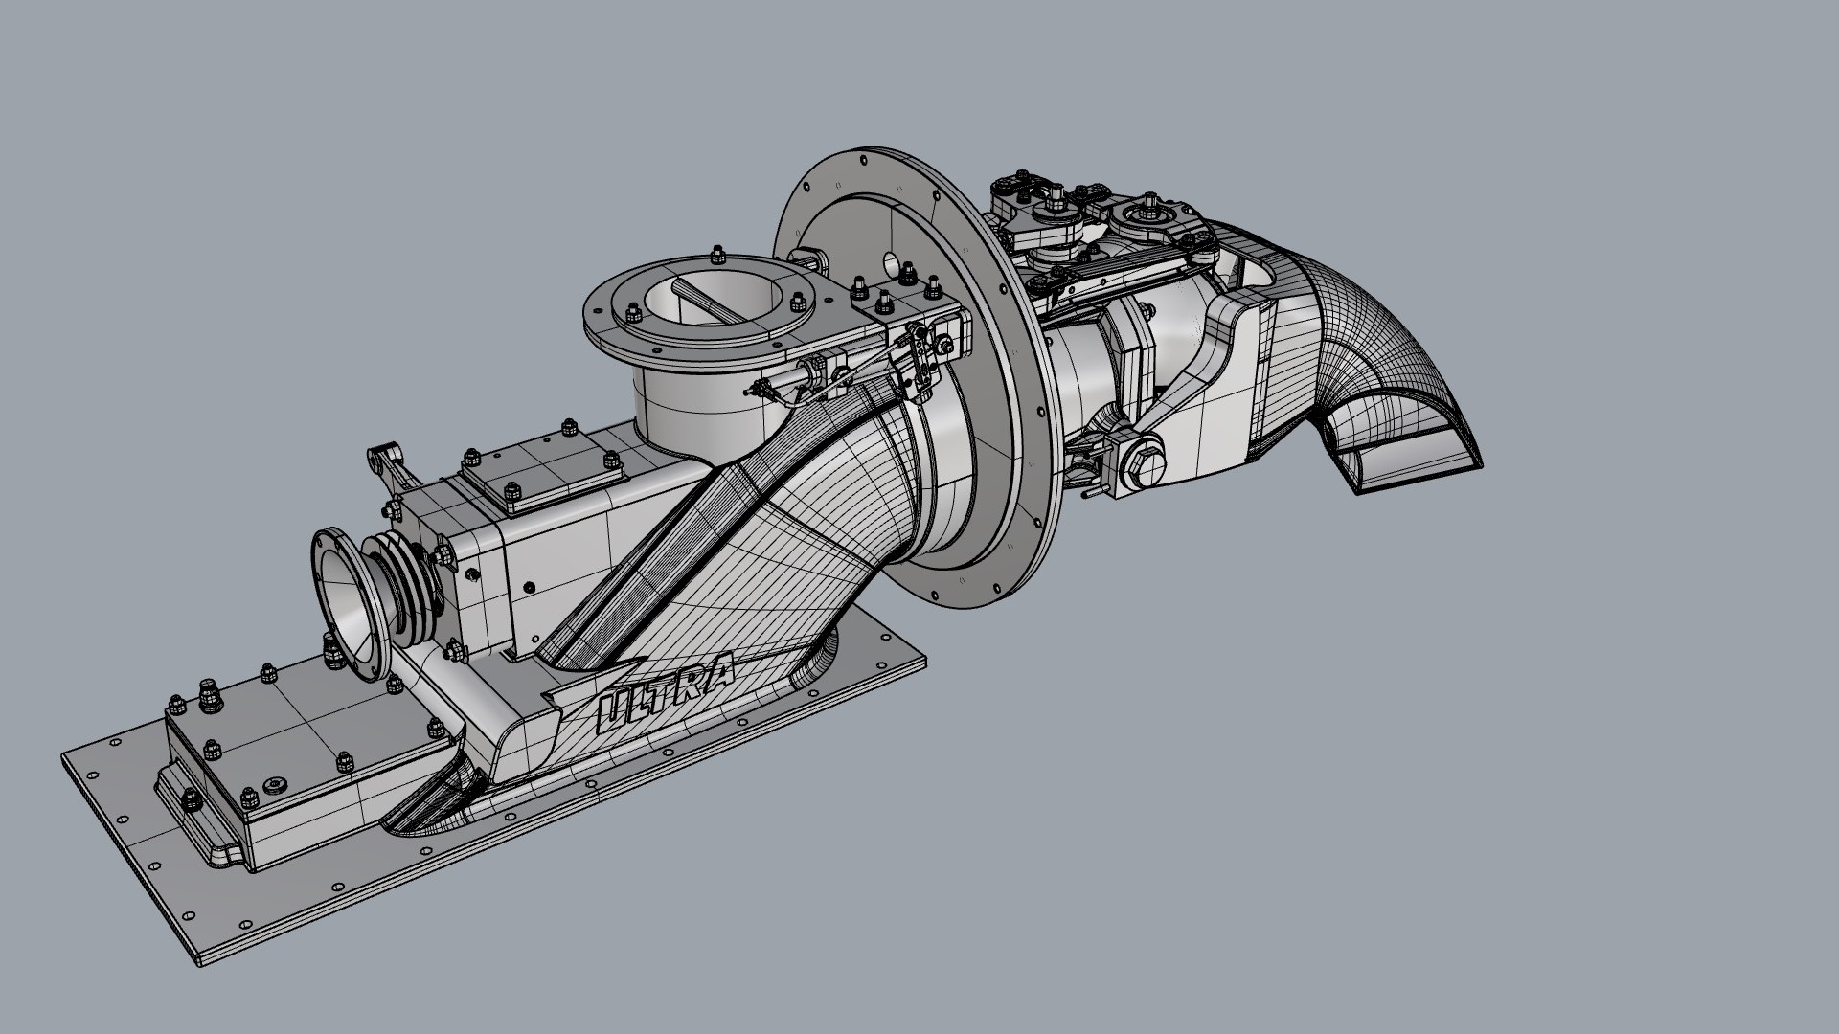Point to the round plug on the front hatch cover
[277, 784]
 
